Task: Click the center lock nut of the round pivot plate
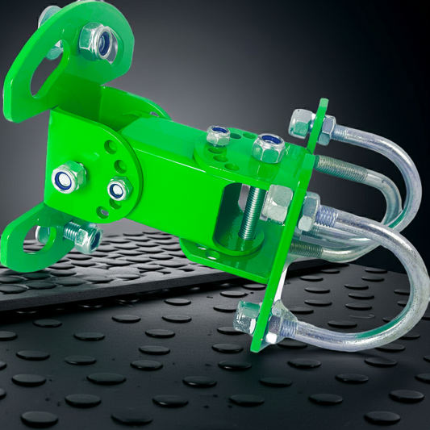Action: click(119, 190)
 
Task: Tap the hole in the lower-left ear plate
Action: click(41, 236)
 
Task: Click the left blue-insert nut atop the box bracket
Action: click(217, 135)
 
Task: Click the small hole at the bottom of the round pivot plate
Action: click(102, 211)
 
